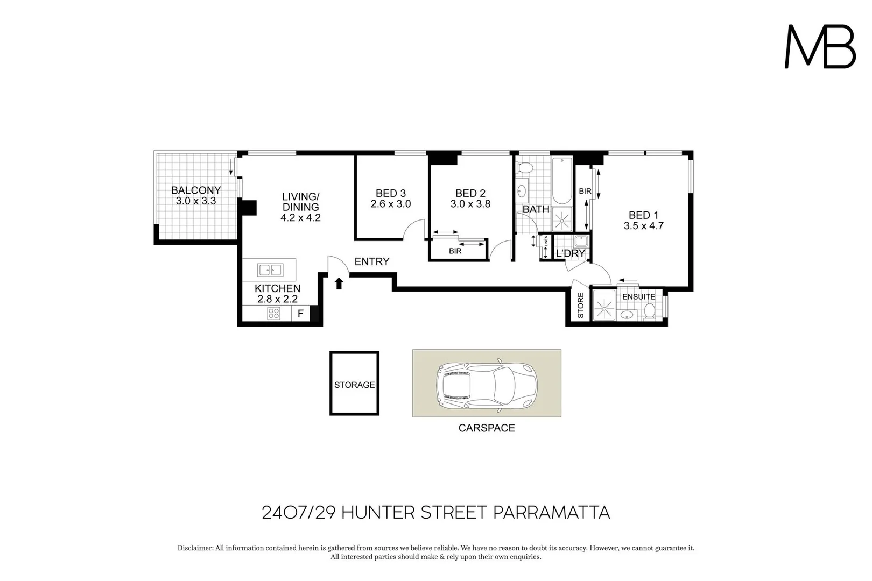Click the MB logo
pos(820,47)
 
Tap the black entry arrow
pos(339,283)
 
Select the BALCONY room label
pos(196,190)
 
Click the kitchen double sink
pos(270,270)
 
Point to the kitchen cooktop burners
pos(273,313)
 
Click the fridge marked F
pos(300,314)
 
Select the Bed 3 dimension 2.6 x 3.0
pos(390,204)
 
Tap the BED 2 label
pos(470,193)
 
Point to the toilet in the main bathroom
pos(524,168)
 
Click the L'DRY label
pos(570,253)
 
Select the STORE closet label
pos(580,306)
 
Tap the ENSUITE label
pos(638,296)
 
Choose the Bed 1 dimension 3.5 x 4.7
pos(643,226)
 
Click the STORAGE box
pos(354,384)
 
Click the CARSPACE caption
pos(486,428)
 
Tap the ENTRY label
pos(371,261)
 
